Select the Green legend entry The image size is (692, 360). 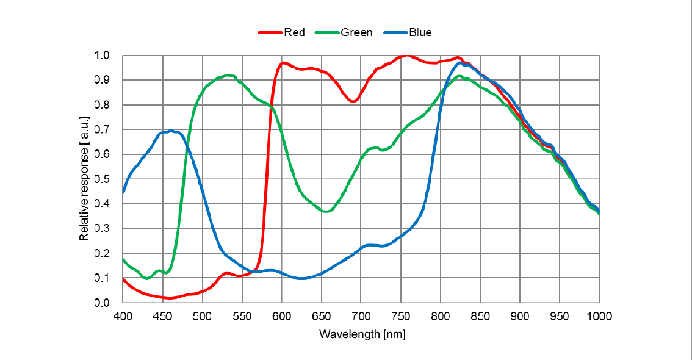click(x=356, y=32)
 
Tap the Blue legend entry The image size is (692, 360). click(x=420, y=32)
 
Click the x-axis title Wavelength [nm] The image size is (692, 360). click(x=362, y=334)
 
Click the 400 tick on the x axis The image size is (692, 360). click(x=123, y=315)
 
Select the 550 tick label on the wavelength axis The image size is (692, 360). click(x=242, y=315)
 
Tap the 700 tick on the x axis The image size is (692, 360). click(x=361, y=315)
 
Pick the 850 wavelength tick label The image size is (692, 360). click(x=480, y=315)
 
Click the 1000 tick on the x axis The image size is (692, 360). click(x=599, y=315)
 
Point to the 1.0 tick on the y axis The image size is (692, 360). click(x=102, y=56)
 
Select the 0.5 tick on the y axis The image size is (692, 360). click(x=102, y=179)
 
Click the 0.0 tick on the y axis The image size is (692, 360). click(x=102, y=303)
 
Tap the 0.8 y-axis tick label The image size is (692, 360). click(x=102, y=105)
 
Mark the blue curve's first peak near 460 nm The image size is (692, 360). click(x=171, y=131)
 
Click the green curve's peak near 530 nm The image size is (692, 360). click(x=227, y=76)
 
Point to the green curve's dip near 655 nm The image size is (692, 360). click(x=326, y=211)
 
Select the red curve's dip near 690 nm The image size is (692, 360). click(x=353, y=101)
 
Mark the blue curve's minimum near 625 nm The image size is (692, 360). click(x=301, y=278)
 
